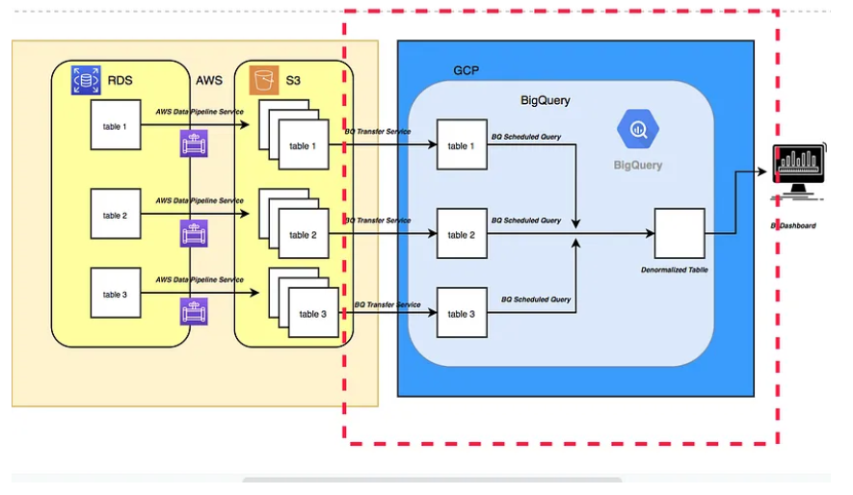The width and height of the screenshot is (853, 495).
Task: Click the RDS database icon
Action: pyautogui.click(x=86, y=79)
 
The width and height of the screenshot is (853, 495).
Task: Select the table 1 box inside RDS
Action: pyautogui.click(x=116, y=125)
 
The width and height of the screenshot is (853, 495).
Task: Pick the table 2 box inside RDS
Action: pyautogui.click(x=116, y=215)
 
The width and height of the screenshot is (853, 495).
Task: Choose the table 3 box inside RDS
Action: pyautogui.click(x=116, y=294)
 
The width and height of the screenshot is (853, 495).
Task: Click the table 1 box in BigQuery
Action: pyautogui.click(x=461, y=145)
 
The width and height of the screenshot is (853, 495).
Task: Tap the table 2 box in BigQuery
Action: pyautogui.click(x=461, y=234)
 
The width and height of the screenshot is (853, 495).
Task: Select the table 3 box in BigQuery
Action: pyautogui.click(x=461, y=313)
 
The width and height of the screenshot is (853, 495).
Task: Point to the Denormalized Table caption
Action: pyautogui.click(x=675, y=270)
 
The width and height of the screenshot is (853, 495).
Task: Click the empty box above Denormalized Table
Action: pyautogui.click(x=680, y=233)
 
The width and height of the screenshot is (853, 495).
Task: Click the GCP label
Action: pyautogui.click(x=466, y=70)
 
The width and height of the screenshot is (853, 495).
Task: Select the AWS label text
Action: pyautogui.click(x=209, y=80)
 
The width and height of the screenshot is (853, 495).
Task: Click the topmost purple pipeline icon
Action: pyautogui.click(x=194, y=144)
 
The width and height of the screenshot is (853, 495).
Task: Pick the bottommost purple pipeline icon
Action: pyautogui.click(x=194, y=311)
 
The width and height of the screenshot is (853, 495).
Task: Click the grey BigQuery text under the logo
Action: pyautogui.click(x=638, y=165)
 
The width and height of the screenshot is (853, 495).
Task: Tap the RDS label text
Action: pyautogui.click(x=120, y=80)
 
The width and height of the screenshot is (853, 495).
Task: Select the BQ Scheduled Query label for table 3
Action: pyautogui.click(x=535, y=300)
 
